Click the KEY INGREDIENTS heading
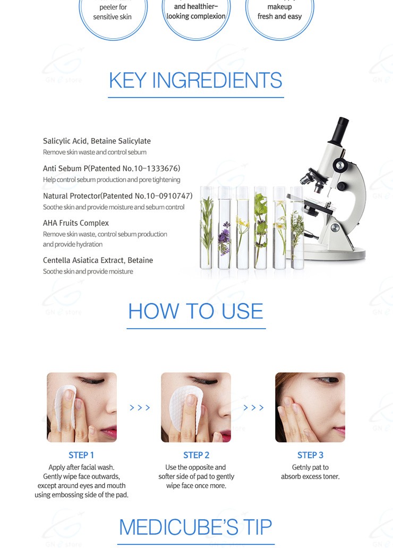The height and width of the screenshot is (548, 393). coord(195,80)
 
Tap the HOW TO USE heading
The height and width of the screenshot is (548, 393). coord(196,311)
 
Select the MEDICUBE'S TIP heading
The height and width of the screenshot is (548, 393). coord(195,527)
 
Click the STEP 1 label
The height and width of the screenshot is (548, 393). coord(81,455)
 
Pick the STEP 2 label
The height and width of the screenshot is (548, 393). coord(196,455)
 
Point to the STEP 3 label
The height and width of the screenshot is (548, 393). coord(310,455)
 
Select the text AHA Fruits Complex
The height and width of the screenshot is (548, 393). coord(76,223)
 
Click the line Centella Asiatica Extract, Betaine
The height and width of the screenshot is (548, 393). coord(98,260)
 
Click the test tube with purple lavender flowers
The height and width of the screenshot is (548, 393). coord(225,227)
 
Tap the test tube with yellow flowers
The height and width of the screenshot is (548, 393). coord(242,227)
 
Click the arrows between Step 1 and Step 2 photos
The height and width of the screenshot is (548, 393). coord(140,407)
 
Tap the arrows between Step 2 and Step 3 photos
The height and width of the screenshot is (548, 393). coord(253,407)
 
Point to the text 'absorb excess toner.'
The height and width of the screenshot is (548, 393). coord(310,476)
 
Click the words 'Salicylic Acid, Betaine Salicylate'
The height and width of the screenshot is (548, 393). coord(97,141)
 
